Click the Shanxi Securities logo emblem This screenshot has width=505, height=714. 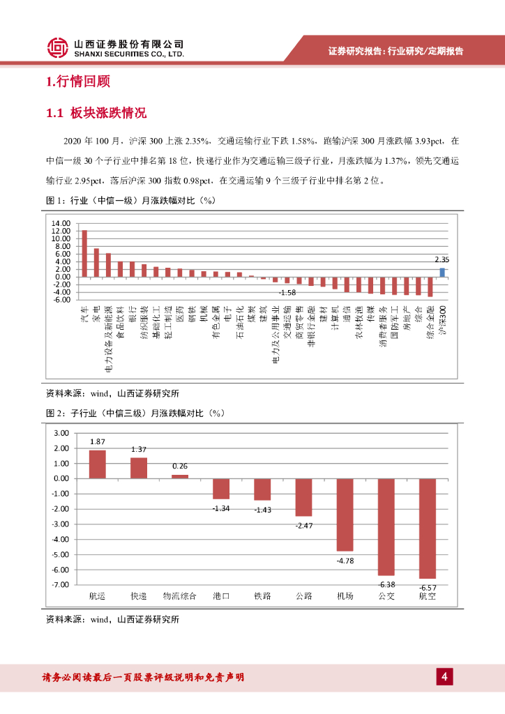pos(58,47)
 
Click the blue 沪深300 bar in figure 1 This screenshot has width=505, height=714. pos(442,272)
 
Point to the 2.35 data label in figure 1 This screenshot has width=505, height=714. pos(441,259)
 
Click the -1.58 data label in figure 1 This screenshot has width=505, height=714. pos(287,292)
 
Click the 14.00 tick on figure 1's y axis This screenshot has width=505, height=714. pos(61,223)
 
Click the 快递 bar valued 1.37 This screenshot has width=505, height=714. pos(139,468)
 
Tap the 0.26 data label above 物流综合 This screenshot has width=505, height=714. pos(180,466)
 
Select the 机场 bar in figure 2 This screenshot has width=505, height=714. pos(345,515)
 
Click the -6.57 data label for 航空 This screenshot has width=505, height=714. pos(427,587)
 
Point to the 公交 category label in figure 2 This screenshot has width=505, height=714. pos(386,596)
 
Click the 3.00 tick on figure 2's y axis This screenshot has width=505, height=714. pos(61,433)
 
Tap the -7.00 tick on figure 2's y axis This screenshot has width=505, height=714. pos(61,585)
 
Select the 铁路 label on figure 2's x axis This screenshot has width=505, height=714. pos(262,596)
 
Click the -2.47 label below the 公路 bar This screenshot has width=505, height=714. pos(303,524)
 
